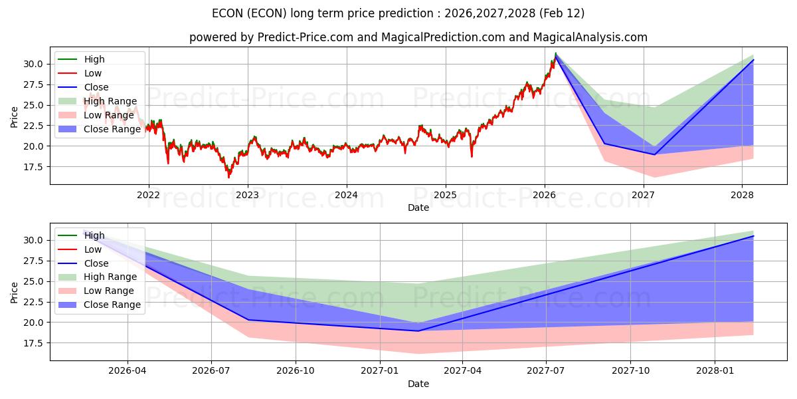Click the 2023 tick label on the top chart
(x=247, y=195)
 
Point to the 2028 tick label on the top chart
(x=742, y=195)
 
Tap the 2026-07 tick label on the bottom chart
(x=211, y=370)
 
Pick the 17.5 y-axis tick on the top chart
(x=34, y=167)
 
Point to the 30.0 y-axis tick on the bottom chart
(x=34, y=240)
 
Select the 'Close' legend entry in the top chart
(x=96, y=87)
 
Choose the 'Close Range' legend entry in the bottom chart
(x=112, y=305)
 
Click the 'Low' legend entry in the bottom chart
(x=93, y=249)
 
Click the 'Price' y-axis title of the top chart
(x=15, y=116)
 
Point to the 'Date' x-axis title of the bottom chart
(x=418, y=384)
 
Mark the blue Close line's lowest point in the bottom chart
(x=418, y=331)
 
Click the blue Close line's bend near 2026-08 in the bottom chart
(x=249, y=320)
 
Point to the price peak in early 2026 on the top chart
(x=555, y=54)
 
